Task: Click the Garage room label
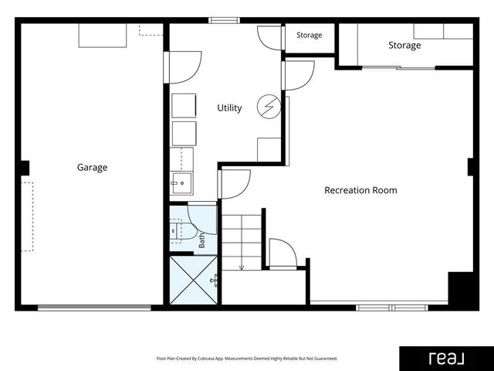point(92,167)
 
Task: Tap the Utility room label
point(229,108)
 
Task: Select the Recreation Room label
point(360,190)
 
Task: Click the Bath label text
point(201,240)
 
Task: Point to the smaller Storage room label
point(309,35)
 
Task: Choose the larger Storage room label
point(404,46)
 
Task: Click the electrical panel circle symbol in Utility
point(269,107)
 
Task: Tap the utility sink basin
point(181,183)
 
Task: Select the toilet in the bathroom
point(181,231)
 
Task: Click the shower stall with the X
point(194,280)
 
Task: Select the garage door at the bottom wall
point(94,308)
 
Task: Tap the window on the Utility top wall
point(225,21)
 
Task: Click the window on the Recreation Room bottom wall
point(392,308)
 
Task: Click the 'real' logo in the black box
point(446,359)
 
